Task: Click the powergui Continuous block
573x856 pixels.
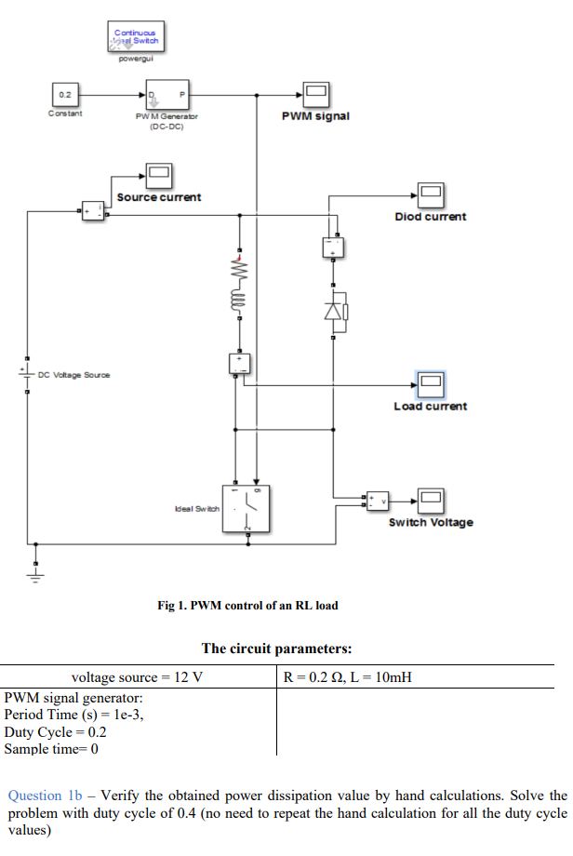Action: (x=137, y=38)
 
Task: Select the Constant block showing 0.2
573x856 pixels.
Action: (x=65, y=95)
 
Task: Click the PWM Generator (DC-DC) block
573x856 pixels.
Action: (x=166, y=95)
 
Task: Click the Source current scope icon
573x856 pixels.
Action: (x=158, y=174)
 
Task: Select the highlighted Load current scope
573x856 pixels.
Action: (x=430, y=382)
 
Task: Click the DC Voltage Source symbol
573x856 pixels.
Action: (x=27, y=375)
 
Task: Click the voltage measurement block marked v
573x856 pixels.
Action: (x=377, y=501)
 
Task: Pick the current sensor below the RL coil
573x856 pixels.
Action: (x=240, y=363)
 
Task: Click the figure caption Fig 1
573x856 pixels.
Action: (x=247, y=606)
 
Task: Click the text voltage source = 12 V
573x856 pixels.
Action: (x=137, y=677)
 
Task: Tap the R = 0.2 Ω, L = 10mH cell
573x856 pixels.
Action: (x=346, y=677)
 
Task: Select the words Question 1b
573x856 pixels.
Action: (x=46, y=796)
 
